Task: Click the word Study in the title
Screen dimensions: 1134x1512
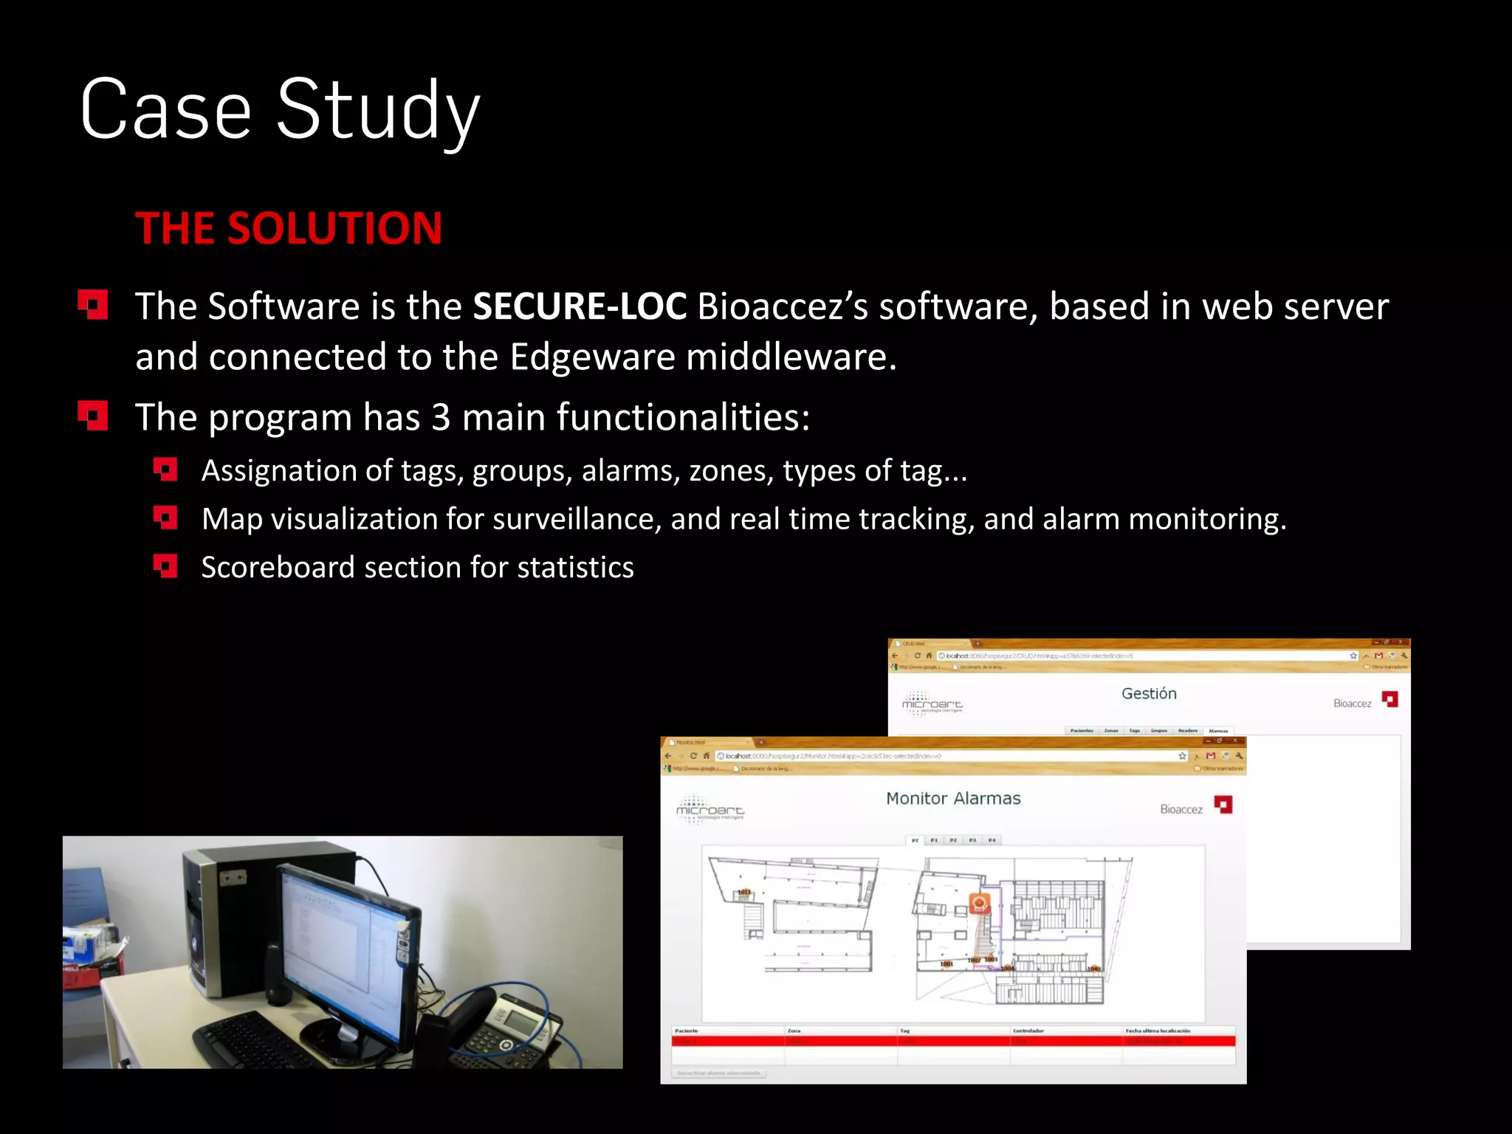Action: click(x=378, y=111)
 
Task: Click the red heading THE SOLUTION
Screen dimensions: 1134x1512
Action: click(x=289, y=228)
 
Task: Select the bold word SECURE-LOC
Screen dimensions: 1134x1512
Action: click(x=580, y=306)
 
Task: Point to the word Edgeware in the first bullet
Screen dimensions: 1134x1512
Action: click(x=592, y=357)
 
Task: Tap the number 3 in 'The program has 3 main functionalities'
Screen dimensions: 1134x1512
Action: click(x=441, y=417)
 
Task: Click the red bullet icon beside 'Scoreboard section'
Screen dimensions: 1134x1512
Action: click(x=165, y=567)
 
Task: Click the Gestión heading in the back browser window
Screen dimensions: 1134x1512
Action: click(x=1149, y=693)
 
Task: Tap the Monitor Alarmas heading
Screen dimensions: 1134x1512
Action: click(x=953, y=798)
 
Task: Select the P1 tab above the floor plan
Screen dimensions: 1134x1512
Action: click(x=934, y=840)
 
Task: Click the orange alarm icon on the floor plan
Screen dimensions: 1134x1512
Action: click(x=979, y=903)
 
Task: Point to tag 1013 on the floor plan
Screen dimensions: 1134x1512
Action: click(x=744, y=893)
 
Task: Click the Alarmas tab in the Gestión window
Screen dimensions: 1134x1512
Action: click(x=1218, y=731)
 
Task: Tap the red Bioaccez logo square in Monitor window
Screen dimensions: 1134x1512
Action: click(x=1223, y=805)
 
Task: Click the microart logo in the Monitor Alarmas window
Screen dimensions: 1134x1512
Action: click(x=709, y=810)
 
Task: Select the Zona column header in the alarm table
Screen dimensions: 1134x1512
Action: click(x=794, y=1031)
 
